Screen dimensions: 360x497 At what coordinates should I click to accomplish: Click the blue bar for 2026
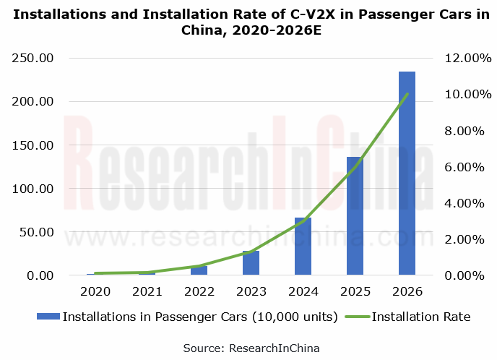407,173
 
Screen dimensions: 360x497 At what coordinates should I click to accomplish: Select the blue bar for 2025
355,216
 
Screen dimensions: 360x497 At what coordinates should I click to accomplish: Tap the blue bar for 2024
303,247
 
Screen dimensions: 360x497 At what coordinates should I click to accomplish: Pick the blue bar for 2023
251,263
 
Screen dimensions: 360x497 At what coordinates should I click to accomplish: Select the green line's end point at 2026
407,94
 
